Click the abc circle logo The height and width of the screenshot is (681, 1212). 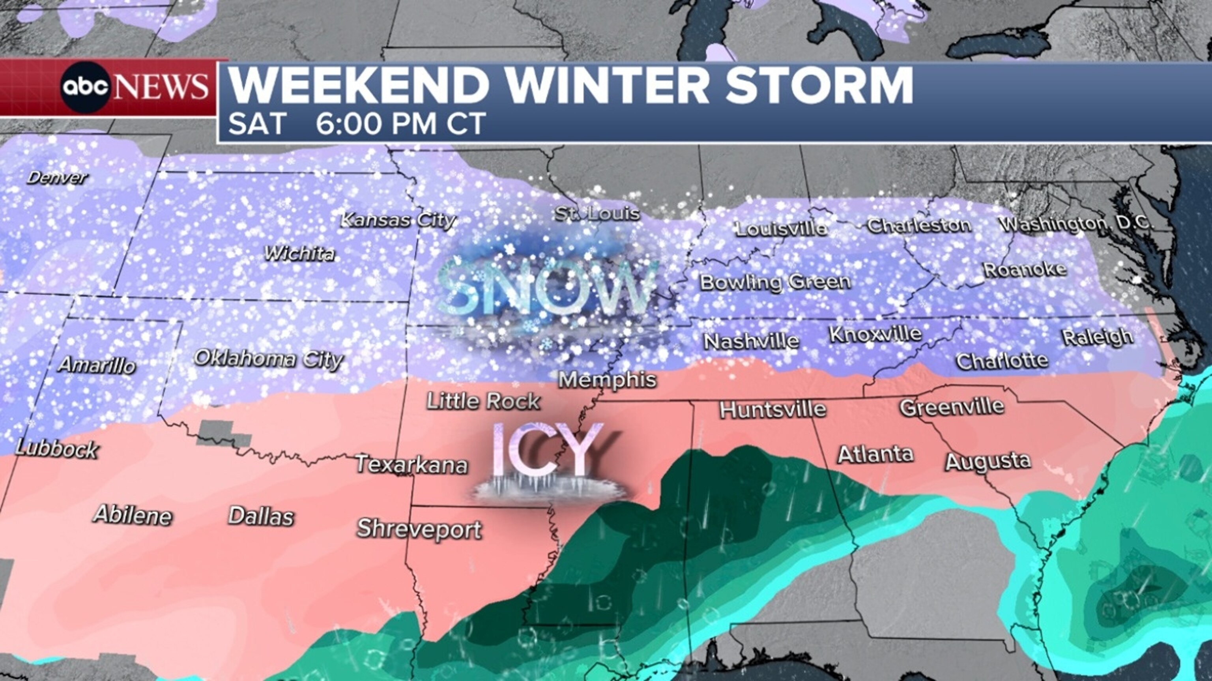[x=86, y=87]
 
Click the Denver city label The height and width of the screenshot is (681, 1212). [x=57, y=178]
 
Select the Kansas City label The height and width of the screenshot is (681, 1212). [x=398, y=220]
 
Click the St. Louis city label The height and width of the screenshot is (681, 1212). [x=597, y=214]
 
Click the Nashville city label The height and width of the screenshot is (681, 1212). [x=751, y=341]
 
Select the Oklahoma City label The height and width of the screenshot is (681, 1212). [x=269, y=359]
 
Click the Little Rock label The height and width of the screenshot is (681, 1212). [x=483, y=401]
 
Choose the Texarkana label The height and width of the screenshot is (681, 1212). [x=411, y=464]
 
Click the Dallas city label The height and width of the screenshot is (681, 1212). [x=261, y=516]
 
